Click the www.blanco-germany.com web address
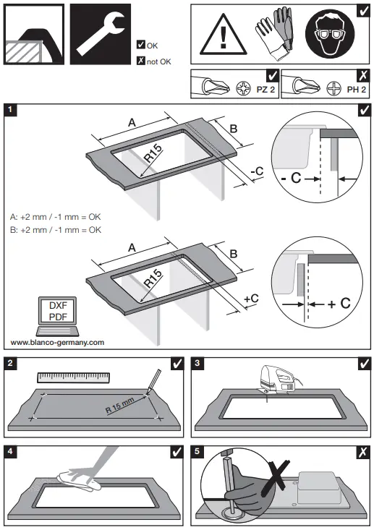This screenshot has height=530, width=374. [56, 342]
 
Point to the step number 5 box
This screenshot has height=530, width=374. [199, 452]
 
